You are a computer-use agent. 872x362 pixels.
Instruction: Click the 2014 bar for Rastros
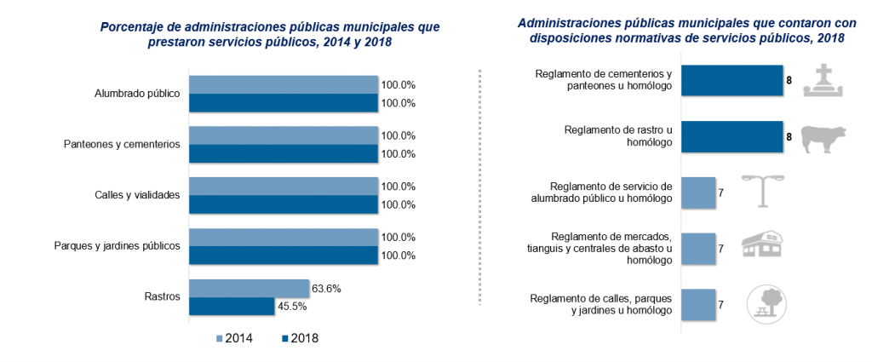point(248,288)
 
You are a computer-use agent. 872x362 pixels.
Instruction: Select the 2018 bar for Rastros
point(231,307)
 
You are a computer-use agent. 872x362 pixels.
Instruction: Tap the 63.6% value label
point(327,289)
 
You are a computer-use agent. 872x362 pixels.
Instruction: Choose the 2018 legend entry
point(299,338)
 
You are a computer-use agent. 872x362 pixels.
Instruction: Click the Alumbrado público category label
point(136,94)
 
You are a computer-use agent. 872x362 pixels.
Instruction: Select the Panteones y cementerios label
point(122,145)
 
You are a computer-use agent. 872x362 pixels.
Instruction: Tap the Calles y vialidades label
point(138,195)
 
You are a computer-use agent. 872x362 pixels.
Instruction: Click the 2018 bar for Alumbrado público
point(283,103)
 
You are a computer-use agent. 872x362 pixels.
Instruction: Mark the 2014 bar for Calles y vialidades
point(283,186)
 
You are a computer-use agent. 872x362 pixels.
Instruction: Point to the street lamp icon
point(762,191)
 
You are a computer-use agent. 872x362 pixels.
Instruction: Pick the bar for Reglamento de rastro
point(732,136)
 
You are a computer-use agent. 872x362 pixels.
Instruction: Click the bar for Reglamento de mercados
point(698,248)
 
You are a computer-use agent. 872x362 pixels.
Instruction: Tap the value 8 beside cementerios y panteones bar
point(789,80)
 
